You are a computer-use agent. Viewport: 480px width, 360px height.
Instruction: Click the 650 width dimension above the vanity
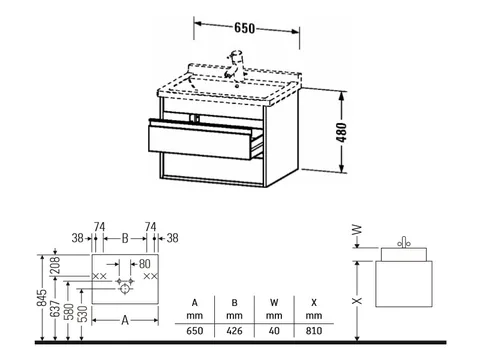pos(244,28)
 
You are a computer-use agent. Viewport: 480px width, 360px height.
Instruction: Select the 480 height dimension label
pos(342,132)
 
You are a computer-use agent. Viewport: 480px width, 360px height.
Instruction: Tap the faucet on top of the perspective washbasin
pos(236,64)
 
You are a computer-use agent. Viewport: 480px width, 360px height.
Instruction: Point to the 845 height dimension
pos(42,297)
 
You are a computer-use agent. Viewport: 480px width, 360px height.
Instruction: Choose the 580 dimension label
pos(70,312)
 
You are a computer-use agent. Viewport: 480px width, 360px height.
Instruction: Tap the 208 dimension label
pos(55,265)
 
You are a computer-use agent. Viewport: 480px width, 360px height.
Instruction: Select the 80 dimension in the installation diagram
pos(144,264)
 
